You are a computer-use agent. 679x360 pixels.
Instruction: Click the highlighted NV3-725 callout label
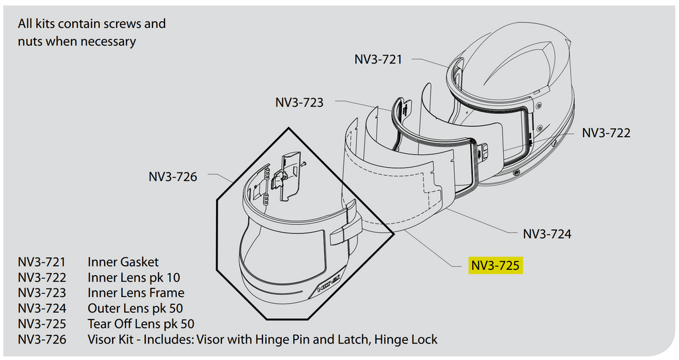pyautogui.click(x=495, y=266)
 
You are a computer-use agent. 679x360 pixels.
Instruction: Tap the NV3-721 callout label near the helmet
pyautogui.click(x=378, y=59)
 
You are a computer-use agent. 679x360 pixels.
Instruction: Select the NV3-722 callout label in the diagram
pyautogui.click(x=606, y=133)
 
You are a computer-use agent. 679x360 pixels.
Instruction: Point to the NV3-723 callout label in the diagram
pyautogui.click(x=299, y=103)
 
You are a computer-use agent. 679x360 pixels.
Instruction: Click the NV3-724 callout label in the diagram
pyautogui.click(x=547, y=234)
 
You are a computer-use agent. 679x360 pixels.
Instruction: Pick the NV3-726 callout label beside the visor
pyautogui.click(x=172, y=177)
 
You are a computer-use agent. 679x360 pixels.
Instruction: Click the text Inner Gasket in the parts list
pyautogui.click(x=123, y=262)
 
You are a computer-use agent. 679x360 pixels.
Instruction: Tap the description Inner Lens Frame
pyautogui.click(x=136, y=292)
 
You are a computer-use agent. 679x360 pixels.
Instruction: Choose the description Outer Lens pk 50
pyautogui.click(x=135, y=308)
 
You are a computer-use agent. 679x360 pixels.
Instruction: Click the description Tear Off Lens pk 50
pyautogui.click(x=141, y=324)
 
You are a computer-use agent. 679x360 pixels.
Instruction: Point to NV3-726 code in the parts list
pyautogui.click(x=42, y=339)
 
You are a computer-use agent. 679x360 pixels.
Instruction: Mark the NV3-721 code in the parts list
pyautogui.click(x=42, y=262)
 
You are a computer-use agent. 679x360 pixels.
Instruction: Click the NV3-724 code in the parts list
pyautogui.click(x=42, y=308)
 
